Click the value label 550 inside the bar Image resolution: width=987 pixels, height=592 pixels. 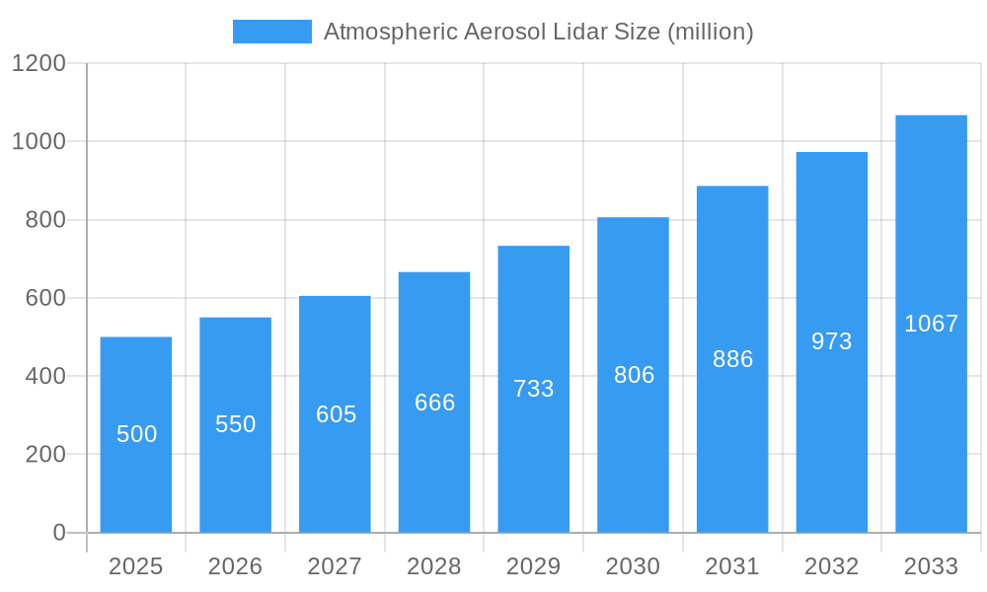(x=236, y=424)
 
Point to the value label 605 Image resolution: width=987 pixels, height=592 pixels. (x=336, y=414)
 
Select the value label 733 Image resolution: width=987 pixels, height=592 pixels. (x=534, y=389)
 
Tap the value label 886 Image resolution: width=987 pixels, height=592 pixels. (x=732, y=359)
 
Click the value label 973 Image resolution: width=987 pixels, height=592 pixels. (x=832, y=341)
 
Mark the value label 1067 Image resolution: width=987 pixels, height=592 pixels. (x=931, y=324)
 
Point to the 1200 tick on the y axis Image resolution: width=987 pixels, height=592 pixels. (x=38, y=64)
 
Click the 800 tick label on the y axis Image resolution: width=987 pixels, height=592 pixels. (x=45, y=220)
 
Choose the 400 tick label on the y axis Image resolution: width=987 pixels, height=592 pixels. (x=45, y=376)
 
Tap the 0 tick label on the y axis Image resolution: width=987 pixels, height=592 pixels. (x=59, y=533)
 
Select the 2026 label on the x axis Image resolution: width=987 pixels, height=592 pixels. (x=236, y=566)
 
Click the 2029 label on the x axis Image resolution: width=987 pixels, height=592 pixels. (x=534, y=566)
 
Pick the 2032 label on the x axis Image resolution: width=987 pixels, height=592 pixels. (x=832, y=566)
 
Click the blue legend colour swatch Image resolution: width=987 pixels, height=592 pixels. (x=272, y=32)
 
